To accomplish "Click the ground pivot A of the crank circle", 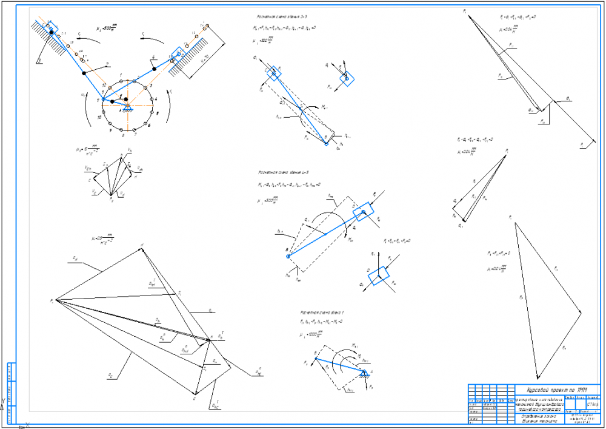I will coord(127,106).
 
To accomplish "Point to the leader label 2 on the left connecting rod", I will coord(107,63).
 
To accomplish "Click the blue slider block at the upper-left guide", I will coord(51,29).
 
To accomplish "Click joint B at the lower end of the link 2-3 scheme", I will coord(327,139).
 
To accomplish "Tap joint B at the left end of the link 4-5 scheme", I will coord(288,256).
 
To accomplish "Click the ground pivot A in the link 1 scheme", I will coord(364,374).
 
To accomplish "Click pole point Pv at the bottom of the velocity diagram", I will coord(112,196).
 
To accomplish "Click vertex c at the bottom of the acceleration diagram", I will coord(195,394).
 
